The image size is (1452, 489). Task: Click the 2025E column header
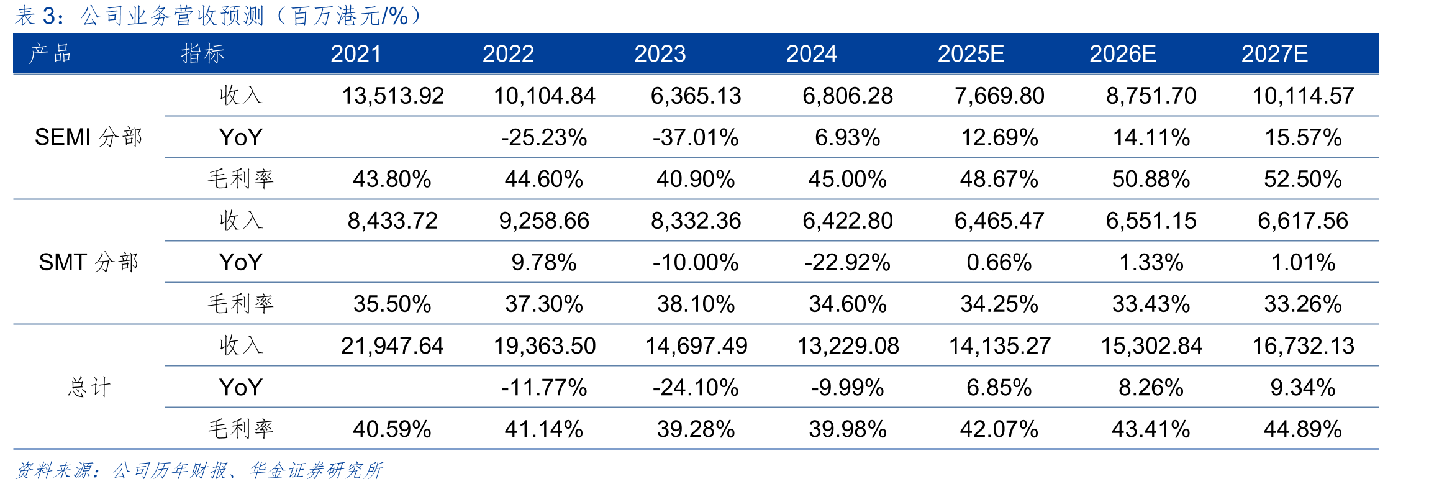[x=971, y=54]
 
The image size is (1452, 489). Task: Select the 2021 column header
[x=356, y=54]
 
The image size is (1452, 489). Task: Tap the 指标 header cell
[x=202, y=54]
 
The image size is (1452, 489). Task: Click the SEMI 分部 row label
[x=88, y=137]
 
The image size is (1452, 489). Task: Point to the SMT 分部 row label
[x=88, y=262]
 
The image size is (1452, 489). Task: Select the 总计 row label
[x=89, y=387]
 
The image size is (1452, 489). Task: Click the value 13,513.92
[x=392, y=96]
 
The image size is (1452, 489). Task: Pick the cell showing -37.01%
[x=696, y=137]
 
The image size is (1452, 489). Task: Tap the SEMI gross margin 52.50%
[x=1303, y=179]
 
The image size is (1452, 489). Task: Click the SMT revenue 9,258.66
[x=544, y=221]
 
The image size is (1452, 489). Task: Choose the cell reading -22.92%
[x=847, y=262]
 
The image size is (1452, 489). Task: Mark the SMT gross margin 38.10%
[x=696, y=304]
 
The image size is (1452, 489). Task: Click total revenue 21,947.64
[x=392, y=345]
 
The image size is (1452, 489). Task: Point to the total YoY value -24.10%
[x=696, y=388]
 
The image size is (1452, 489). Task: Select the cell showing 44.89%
[x=1303, y=429]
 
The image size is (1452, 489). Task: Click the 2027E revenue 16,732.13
[x=1303, y=345]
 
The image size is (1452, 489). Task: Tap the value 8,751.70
[x=1151, y=96]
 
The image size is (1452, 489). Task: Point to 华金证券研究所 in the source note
[x=315, y=470]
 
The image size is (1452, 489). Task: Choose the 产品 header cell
[x=50, y=54]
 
